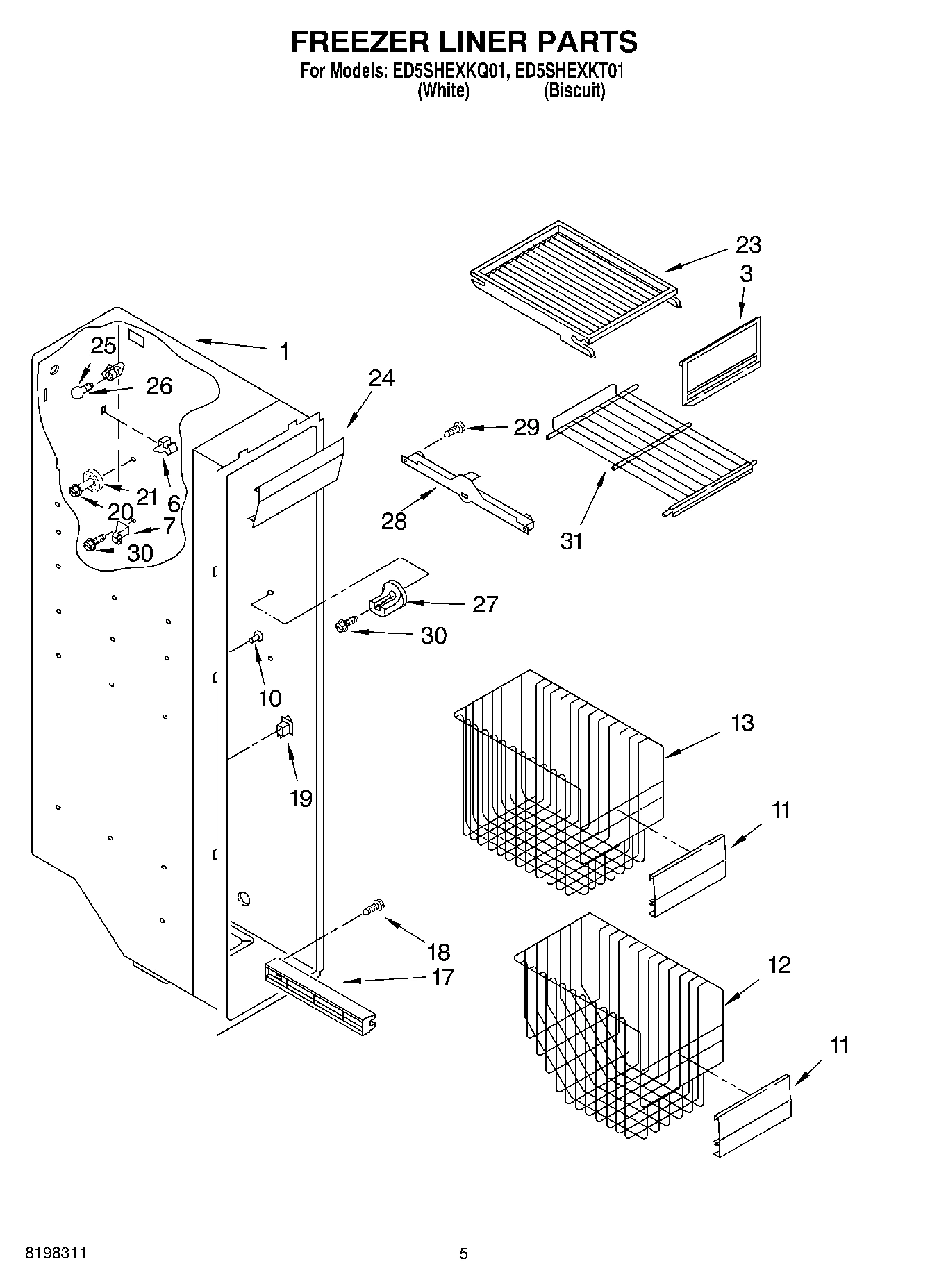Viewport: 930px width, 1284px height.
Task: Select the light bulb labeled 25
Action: click(78, 392)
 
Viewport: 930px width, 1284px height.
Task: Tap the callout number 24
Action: click(381, 378)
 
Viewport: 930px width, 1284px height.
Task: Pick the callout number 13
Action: click(742, 722)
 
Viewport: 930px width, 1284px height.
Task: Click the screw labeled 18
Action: click(374, 907)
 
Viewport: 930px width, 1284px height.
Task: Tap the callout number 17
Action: click(442, 977)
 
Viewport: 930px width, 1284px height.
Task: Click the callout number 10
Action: click(270, 698)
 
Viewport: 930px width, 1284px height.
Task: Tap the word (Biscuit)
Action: click(574, 91)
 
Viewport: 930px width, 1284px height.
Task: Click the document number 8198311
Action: click(56, 1253)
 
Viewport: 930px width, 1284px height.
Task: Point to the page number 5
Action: click(463, 1254)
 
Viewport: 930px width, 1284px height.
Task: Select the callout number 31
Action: click(572, 541)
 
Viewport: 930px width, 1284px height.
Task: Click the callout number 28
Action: click(394, 521)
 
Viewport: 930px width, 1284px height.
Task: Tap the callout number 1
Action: click(283, 351)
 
